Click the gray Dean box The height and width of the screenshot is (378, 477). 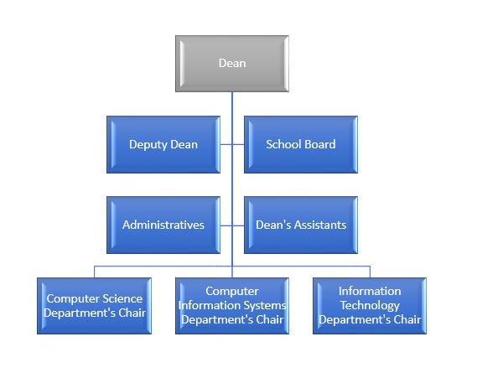(232, 64)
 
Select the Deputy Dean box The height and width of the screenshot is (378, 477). (163, 144)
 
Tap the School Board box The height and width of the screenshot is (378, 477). (301, 144)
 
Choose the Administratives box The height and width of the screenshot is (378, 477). (163, 225)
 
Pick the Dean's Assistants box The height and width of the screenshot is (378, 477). (301, 225)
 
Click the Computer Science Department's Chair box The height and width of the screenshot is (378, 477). (94, 306)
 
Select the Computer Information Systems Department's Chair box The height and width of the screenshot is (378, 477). (232, 306)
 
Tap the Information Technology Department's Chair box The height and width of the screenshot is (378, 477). (370, 306)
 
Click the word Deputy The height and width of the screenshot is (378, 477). (148, 145)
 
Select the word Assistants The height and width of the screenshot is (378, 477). (320, 225)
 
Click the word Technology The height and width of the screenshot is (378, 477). (370, 305)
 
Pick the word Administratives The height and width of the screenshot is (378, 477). (163, 225)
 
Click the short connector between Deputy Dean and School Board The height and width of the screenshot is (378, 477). (232, 144)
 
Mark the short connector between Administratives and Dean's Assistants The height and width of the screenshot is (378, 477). (232, 225)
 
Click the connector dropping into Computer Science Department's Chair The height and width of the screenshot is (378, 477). (94, 272)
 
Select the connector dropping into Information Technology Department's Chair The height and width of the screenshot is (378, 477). (370, 272)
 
